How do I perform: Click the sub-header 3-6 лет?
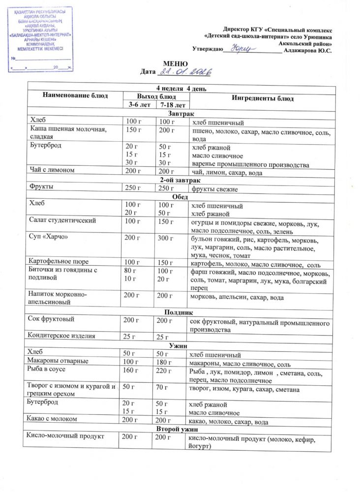tap(138, 105)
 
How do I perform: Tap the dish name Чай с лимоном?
tap(52, 170)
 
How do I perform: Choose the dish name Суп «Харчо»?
tap(48, 237)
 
